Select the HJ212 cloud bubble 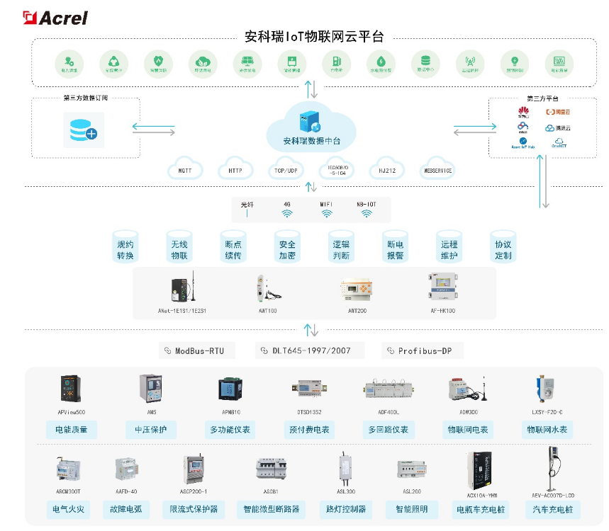click(387, 171)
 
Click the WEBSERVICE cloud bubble click(437, 171)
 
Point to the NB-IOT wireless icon click(366, 213)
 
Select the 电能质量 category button click(71, 429)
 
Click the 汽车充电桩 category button click(553, 509)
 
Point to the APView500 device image click(72, 389)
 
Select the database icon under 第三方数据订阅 click(84, 130)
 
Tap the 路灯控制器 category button click(346, 509)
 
